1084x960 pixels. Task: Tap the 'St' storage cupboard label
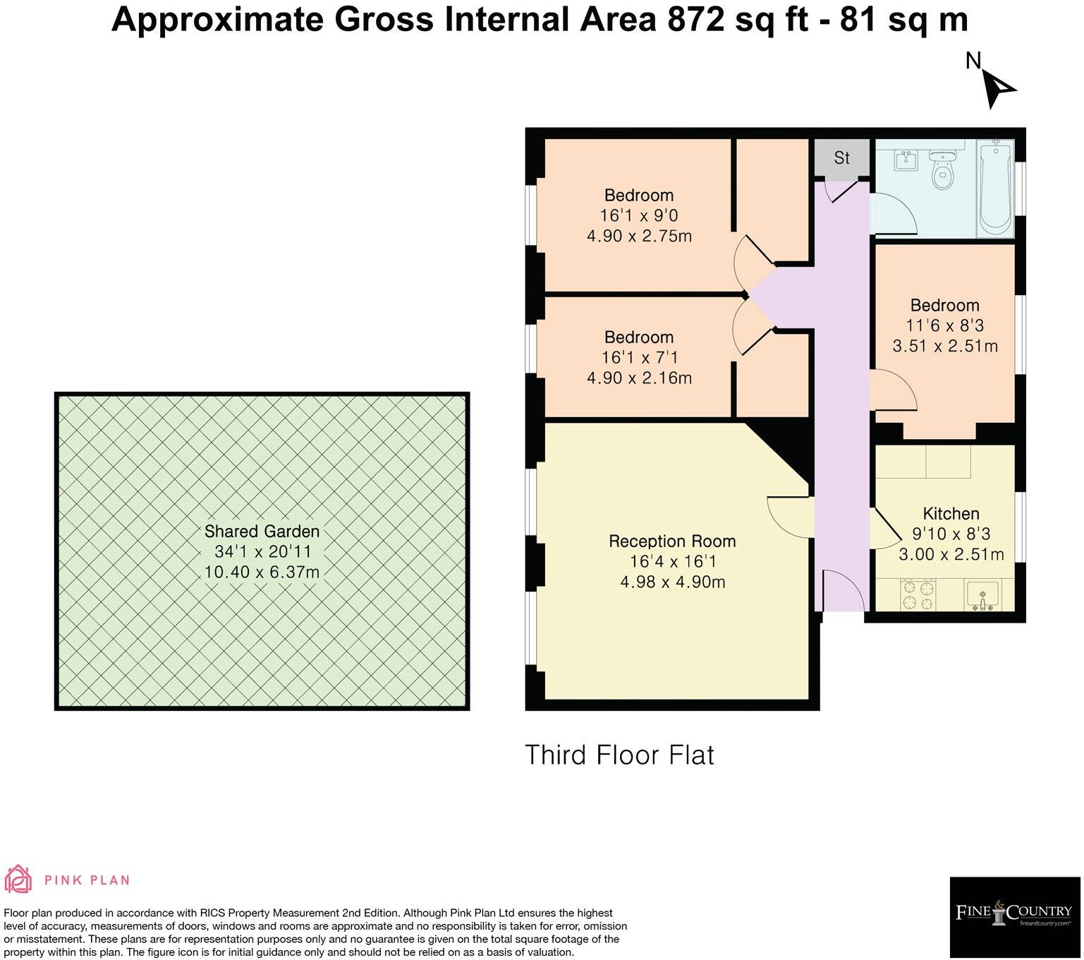click(x=841, y=157)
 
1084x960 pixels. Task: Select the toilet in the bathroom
click(x=942, y=169)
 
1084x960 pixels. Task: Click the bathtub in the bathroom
click(x=995, y=188)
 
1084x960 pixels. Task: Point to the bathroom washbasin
click(x=905, y=161)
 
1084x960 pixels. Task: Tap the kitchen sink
click(x=984, y=596)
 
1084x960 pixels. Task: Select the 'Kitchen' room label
click(x=951, y=514)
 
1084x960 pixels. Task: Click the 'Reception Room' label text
click(x=671, y=541)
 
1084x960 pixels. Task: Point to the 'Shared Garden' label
click(x=262, y=532)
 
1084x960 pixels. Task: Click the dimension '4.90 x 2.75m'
click(x=639, y=236)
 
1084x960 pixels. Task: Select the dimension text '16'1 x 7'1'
click(x=639, y=358)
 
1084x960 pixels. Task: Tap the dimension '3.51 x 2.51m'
click(x=944, y=346)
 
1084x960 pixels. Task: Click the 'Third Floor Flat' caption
click(x=619, y=755)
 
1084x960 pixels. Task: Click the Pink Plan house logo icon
click(x=19, y=880)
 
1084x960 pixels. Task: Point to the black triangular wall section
click(x=786, y=445)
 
